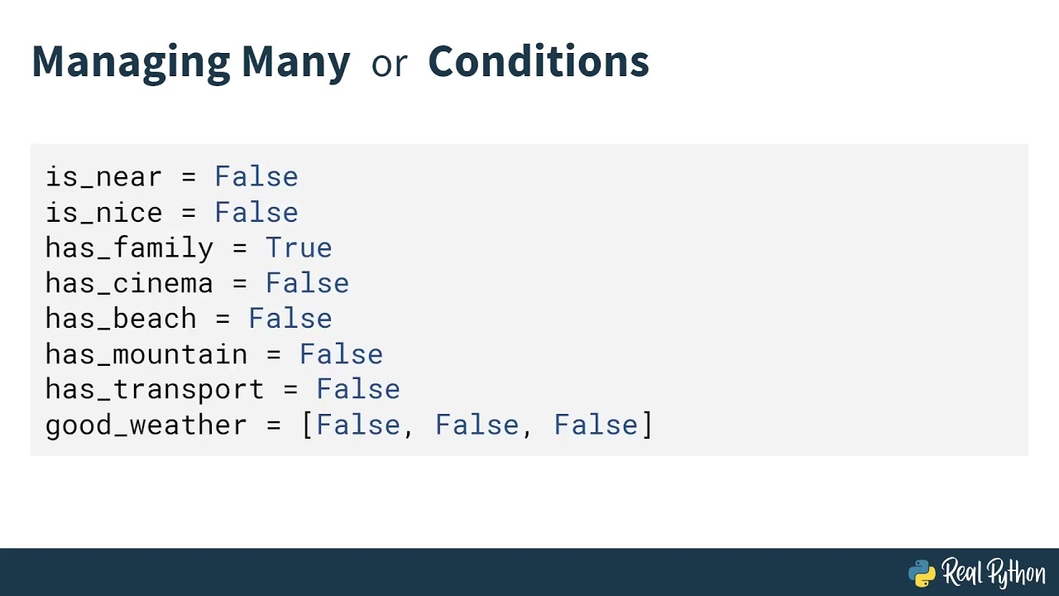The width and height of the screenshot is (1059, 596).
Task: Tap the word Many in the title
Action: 295,62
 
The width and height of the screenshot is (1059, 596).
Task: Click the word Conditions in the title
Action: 538,62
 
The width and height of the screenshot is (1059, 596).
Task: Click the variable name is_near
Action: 103,177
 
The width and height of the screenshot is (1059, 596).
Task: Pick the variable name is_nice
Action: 103,213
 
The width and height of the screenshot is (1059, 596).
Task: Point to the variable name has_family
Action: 129,248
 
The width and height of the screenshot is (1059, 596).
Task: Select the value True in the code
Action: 298,248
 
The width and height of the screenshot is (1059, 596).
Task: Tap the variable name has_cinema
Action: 129,284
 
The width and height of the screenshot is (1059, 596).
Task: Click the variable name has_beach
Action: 121,320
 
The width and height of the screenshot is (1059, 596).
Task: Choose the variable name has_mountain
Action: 146,355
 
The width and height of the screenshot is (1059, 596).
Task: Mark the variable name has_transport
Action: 155,390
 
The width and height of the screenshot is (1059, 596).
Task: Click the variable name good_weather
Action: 146,425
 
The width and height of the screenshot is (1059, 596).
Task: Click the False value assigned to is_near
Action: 256,177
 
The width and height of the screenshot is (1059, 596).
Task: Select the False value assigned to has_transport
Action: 357,390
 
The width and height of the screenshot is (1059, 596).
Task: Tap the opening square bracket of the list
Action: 307,425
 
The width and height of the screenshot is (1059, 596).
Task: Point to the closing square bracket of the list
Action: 647,425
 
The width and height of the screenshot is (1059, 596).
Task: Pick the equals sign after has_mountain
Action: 273,355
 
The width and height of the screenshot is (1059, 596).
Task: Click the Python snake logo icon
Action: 922,573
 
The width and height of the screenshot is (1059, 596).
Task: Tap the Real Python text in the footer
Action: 993,573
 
